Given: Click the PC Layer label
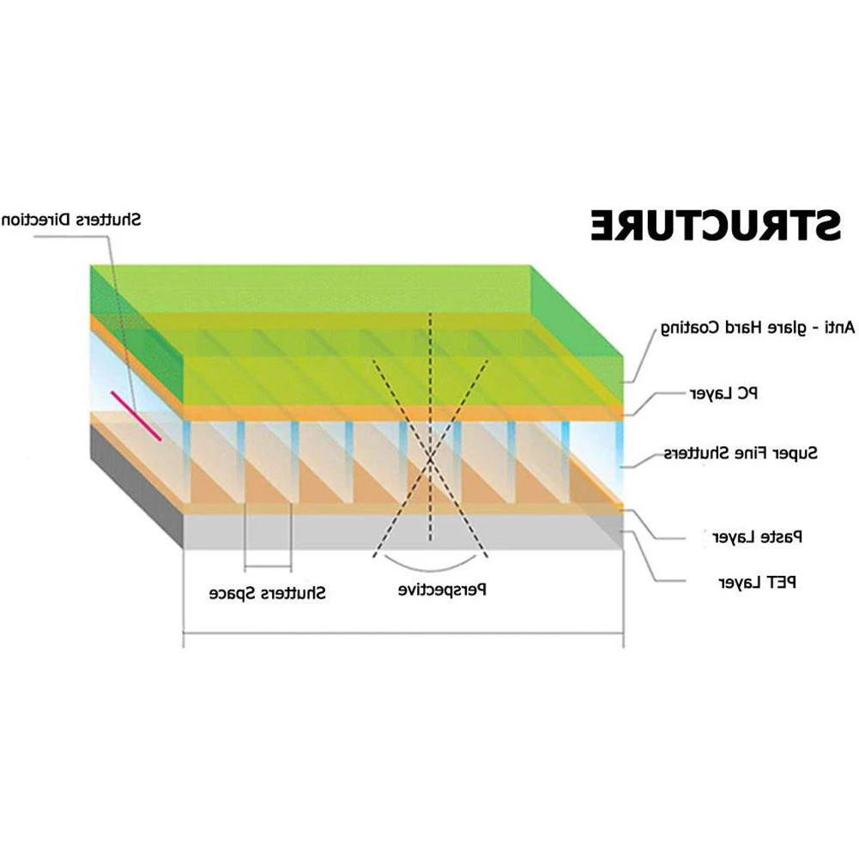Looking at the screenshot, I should click(724, 393).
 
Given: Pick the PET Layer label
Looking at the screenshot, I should click(758, 582).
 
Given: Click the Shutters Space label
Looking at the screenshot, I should click(268, 592).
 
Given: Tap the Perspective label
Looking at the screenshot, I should click(444, 590).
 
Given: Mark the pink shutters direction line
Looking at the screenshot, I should click(136, 416).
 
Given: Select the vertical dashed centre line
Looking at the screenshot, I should click(430, 429).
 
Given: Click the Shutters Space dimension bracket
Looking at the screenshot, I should click(268, 567).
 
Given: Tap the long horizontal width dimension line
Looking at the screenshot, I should click(403, 635).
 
